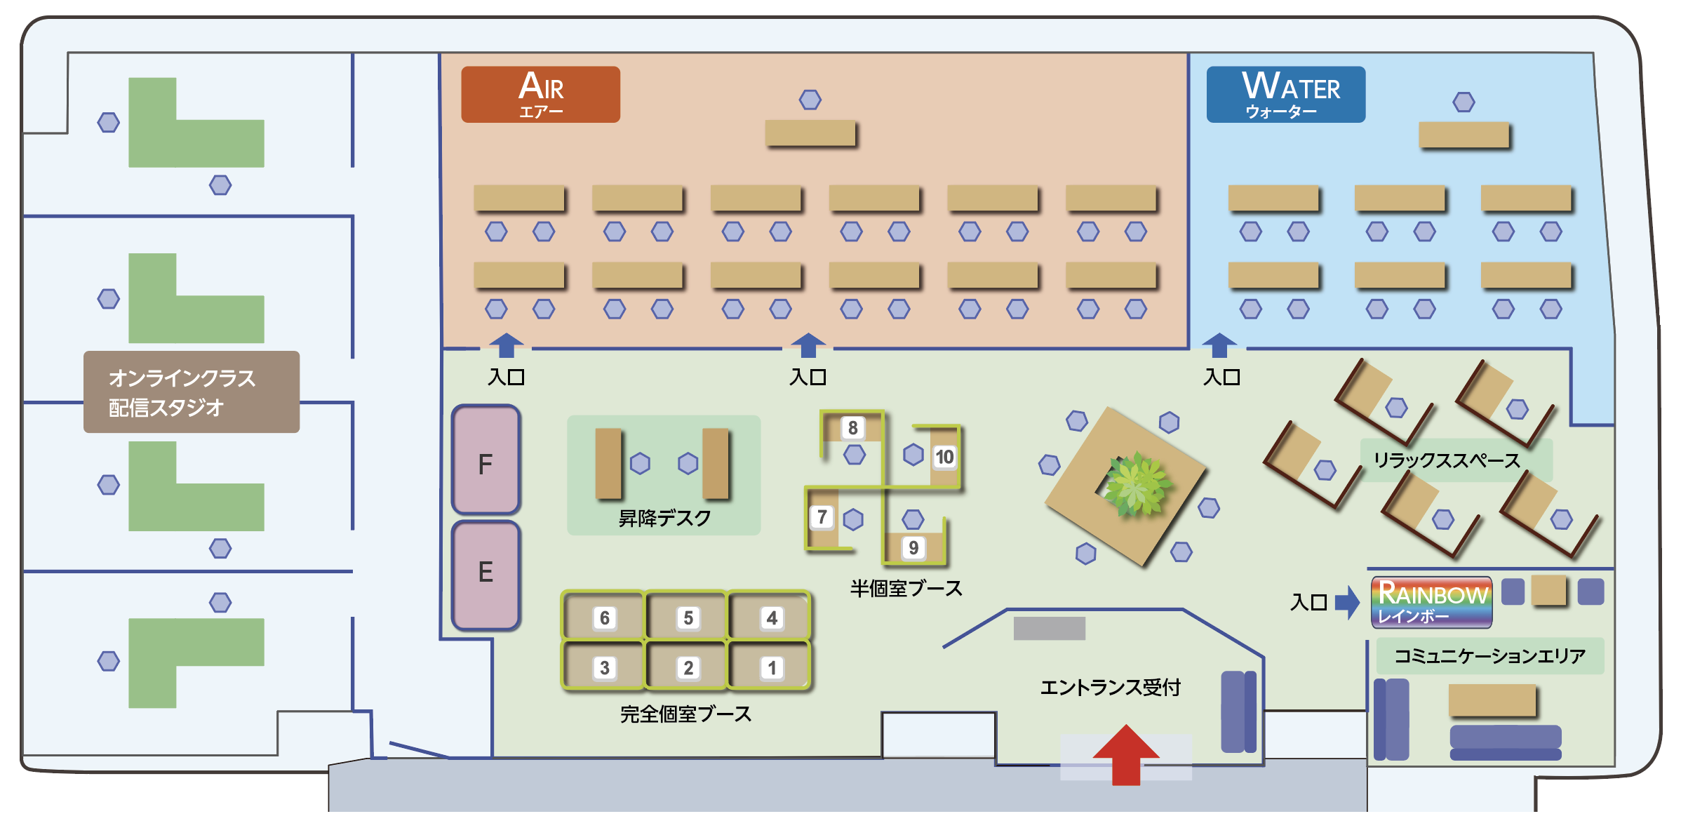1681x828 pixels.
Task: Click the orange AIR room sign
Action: click(x=540, y=95)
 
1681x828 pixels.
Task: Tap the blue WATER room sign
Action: click(x=1285, y=95)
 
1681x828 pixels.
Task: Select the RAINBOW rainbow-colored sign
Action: click(x=1431, y=602)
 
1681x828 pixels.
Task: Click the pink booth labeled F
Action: click(x=485, y=460)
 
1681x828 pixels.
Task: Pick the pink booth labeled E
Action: click(x=485, y=574)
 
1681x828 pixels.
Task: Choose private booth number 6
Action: click(x=603, y=617)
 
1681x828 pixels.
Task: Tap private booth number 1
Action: click(x=770, y=667)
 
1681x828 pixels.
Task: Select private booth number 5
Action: click(x=687, y=617)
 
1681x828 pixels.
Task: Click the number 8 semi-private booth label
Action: click(x=852, y=427)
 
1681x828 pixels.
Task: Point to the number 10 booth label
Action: click(x=944, y=458)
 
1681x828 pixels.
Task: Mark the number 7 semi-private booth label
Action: click(x=822, y=517)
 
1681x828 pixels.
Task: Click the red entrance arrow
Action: click(x=1125, y=754)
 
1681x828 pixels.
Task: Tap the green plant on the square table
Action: click(x=1134, y=484)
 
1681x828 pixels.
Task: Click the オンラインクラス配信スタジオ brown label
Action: click(x=191, y=392)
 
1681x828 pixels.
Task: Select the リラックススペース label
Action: click(x=1447, y=460)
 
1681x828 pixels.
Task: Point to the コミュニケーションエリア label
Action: click(x=1489, y=656)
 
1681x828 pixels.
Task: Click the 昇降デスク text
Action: click(x=664, y=518)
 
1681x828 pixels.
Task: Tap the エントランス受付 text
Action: click(x=1110, y=687)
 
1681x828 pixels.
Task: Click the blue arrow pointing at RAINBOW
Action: click(x=1347, y=602)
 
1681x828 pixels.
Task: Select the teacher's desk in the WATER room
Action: click(x=1464, y=135)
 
